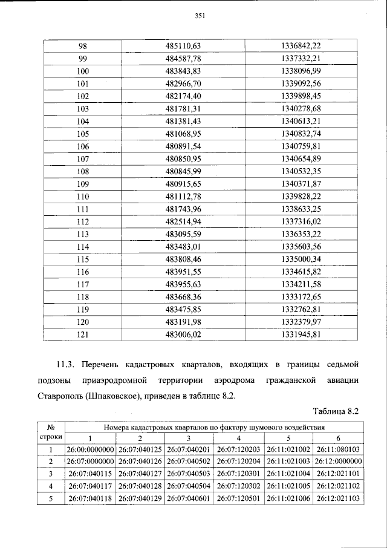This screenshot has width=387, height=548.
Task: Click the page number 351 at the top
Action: point(201,16)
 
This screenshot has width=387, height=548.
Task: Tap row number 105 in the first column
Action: point(83,133)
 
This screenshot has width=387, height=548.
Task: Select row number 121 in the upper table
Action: point(83,334)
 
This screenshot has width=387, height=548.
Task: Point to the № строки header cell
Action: point(51,432)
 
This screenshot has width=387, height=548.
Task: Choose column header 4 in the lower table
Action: point(238,438)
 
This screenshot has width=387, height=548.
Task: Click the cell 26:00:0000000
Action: point(91,449)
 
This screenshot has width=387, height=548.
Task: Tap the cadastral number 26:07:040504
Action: point(189,486)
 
